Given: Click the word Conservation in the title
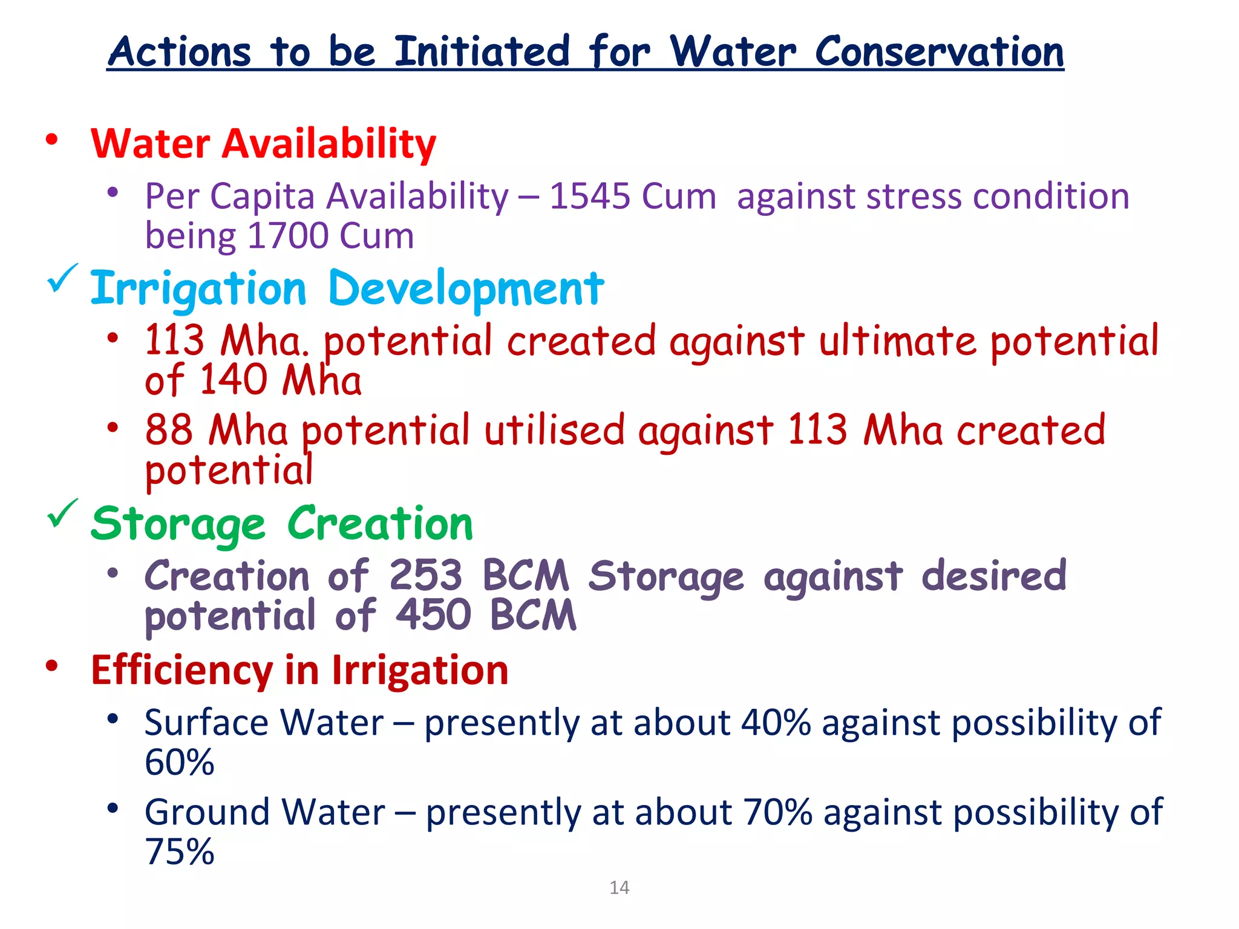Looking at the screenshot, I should [939, 52].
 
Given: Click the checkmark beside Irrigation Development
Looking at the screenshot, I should [62, 278].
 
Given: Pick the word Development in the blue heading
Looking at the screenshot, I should [465, 288].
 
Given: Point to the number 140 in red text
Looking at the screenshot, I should [233, 380].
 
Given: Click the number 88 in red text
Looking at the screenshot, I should [169, 430].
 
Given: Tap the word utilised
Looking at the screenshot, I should [554, 430].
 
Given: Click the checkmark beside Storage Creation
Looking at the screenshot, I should [62, 513].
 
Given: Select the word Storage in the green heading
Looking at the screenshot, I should [178, 524].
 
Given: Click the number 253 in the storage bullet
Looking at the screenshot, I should [425, 575].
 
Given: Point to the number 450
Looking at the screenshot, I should [433, 615].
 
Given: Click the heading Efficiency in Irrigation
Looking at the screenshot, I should [299, 671].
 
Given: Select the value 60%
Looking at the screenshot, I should [179, 762].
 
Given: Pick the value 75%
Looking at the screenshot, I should [179, 852].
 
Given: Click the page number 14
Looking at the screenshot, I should [619, 887].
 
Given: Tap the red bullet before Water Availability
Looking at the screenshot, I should [52, 140].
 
